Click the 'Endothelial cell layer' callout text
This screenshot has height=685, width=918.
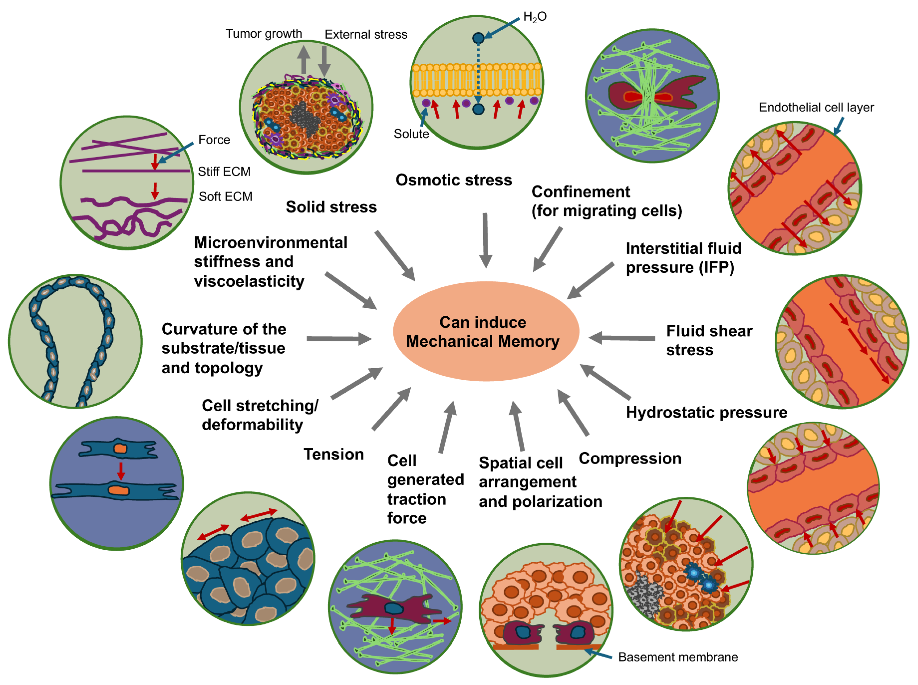click(816, 107)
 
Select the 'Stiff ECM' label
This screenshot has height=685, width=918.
click(224, 171)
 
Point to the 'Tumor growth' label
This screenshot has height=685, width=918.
click(264, 34)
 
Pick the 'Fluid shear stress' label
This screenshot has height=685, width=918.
click(709, 340)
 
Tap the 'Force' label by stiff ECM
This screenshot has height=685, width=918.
click(214, 140)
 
